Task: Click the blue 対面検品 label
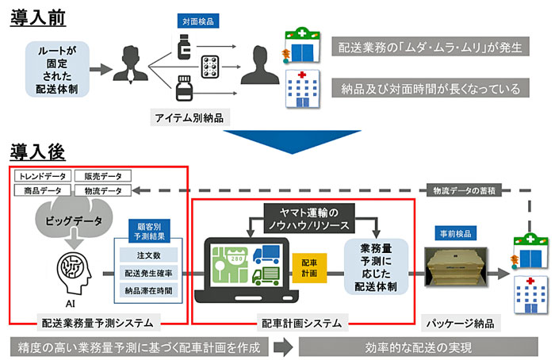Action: [198, 21]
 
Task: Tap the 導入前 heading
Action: [38, 17]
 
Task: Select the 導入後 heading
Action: [37, 152]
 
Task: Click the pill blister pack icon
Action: [210, 67]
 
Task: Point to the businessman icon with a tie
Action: [131, 64]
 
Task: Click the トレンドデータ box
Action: [43, 176]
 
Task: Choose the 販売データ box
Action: [103, 176]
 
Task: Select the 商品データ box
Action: [43, 190]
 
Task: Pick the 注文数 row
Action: [149, 255]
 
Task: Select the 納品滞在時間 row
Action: [149, 291]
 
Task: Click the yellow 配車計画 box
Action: [309, 268]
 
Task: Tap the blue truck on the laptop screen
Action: [267, 255]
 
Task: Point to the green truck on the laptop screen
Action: [266, 277]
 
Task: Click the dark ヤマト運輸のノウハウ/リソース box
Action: [309, 218]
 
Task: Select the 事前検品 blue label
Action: [456, 233]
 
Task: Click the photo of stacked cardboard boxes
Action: [456, 267]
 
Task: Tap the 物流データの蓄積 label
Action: [464, 190]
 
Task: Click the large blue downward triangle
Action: [292, 140]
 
